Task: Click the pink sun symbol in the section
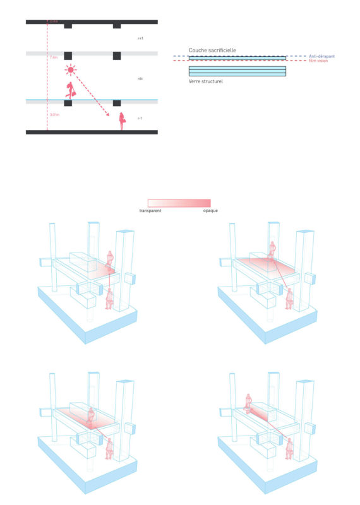pos(71,70)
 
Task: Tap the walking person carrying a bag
pos(71,90)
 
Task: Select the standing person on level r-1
pos(122,121)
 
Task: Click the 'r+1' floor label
pos(140,39)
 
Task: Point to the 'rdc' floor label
pos(140,79)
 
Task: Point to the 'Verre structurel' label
pos(205,81)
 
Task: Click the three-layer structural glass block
pos(237,71)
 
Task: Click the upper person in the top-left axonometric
pos(110,258)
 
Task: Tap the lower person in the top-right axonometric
pos(289,298)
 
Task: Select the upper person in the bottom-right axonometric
pos(248,402)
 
